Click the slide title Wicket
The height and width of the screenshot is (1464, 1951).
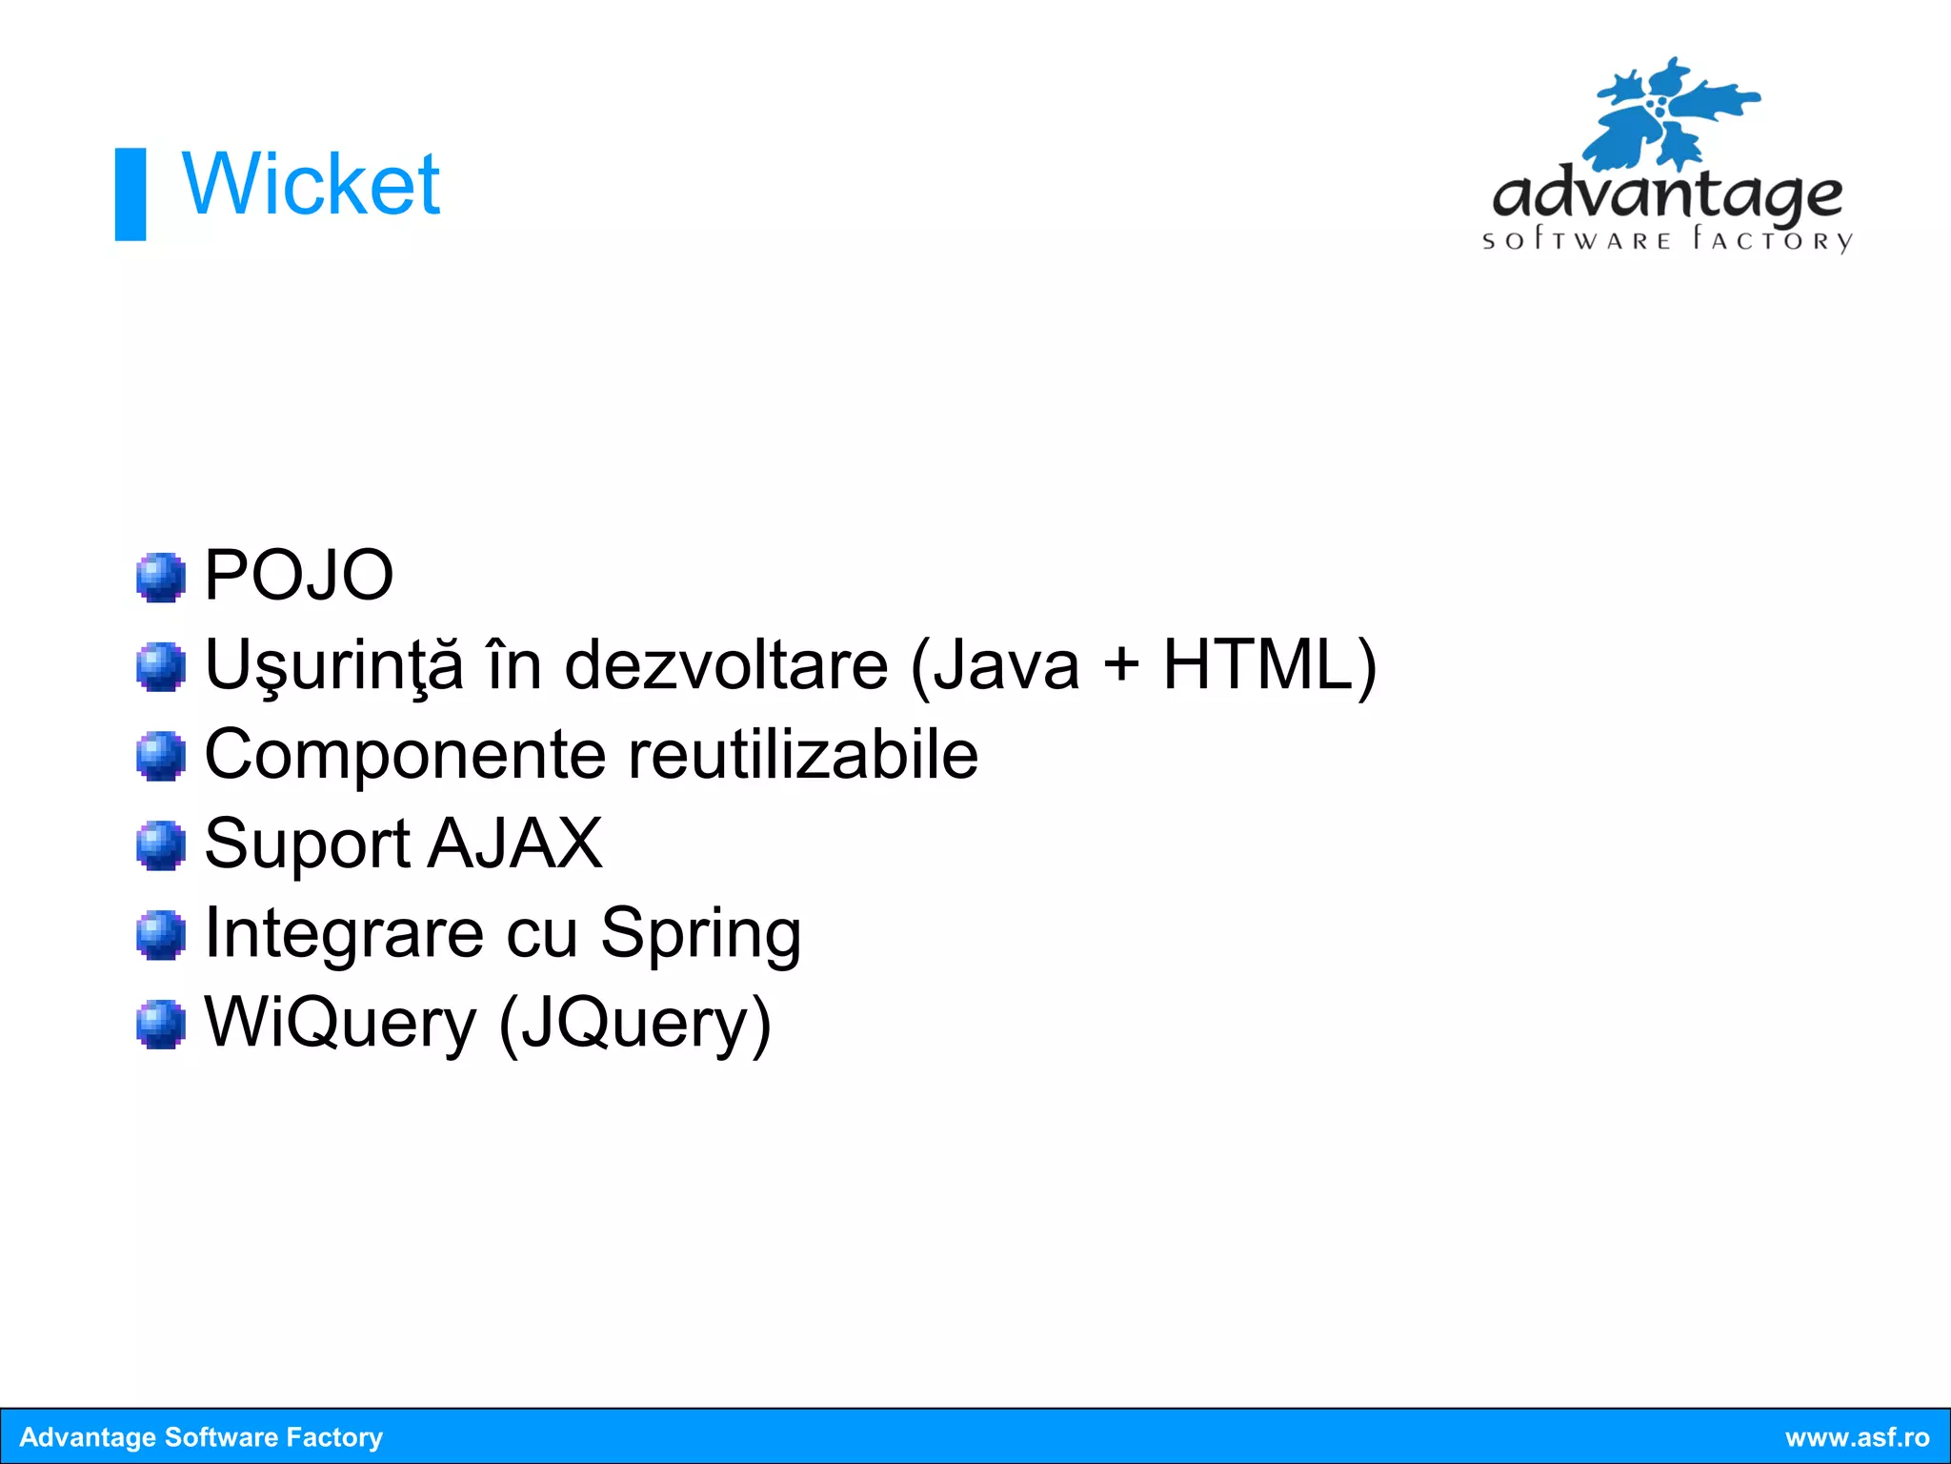tap(311, 184)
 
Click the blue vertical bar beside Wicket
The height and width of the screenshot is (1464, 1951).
tap(131, 193)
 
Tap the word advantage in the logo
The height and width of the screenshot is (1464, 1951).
tap(1666, 194)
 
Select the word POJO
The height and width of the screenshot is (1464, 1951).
tap(298, 575)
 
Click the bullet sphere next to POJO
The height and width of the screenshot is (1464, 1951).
tap(160, 577)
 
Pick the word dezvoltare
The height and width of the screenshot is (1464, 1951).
tap(726, 664)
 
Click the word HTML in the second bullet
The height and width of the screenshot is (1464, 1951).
tap(1257, 664)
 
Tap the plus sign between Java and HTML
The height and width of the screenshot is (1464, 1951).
tap(1121, 664)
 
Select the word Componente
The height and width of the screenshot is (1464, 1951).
tap(405, 754)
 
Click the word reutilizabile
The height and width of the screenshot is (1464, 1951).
tap(803, 754)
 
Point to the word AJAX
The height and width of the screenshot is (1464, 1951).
tap(514, 844)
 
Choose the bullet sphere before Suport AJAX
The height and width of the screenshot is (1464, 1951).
tap(160, 845)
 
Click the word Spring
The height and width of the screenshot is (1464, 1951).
tap(700, 933)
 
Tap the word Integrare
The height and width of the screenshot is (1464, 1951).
tap(344, 933)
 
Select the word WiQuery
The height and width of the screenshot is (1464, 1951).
tap(340, 1023)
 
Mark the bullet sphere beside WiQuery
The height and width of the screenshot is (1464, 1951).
tap(160, 1024)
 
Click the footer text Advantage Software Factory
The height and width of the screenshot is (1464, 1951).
tap(201, 1437)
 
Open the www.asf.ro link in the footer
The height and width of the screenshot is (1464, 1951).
tap(1857, 1437)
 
